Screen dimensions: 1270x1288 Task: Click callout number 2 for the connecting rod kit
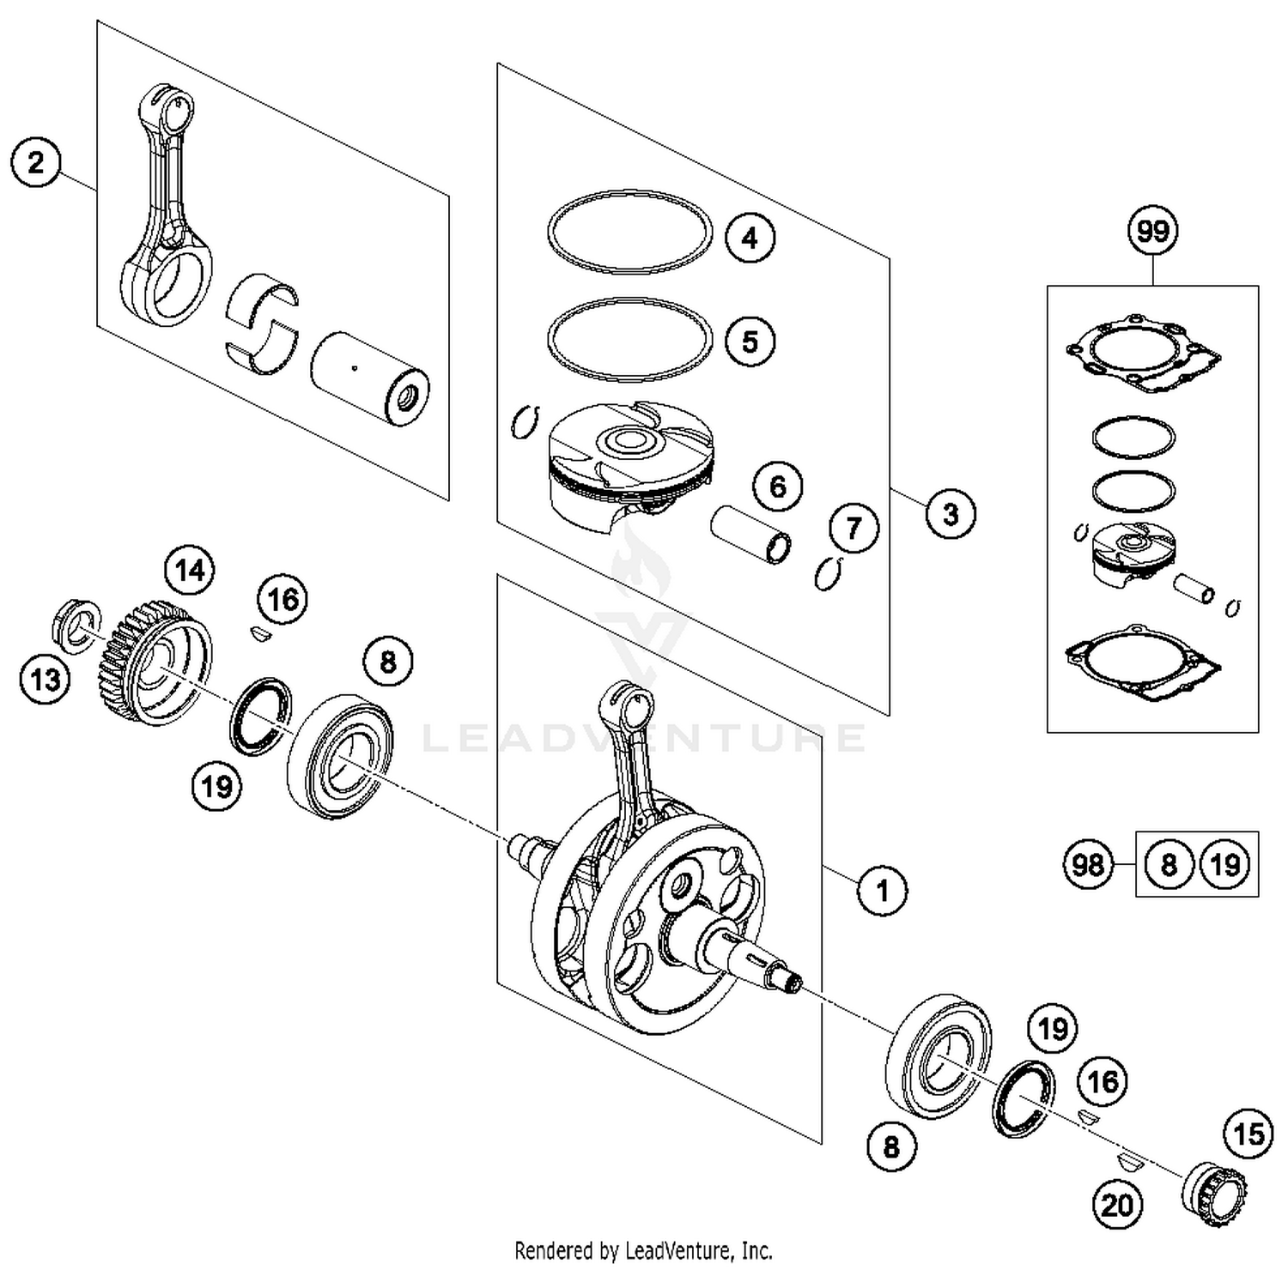[x=35, y=162]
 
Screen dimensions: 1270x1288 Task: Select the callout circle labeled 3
[x=950, y=514]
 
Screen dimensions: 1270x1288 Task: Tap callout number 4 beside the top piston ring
[x=750, y=238]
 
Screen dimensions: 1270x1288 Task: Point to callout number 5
[x=750, y=341]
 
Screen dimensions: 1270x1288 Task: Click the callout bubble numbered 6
[x=777, y=487]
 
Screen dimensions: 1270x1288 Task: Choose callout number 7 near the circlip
[x=853, y=527]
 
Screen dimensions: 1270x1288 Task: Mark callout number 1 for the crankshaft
[x=882, y=890]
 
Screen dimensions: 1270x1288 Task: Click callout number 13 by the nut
[x=45, y=680]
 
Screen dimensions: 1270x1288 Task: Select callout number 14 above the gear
[x=190, y=569]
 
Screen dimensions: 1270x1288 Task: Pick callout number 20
[x=1117, y=1206]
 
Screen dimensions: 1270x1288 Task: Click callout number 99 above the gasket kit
[x=1152, y=231]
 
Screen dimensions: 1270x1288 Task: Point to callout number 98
[x=1088, y=864]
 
